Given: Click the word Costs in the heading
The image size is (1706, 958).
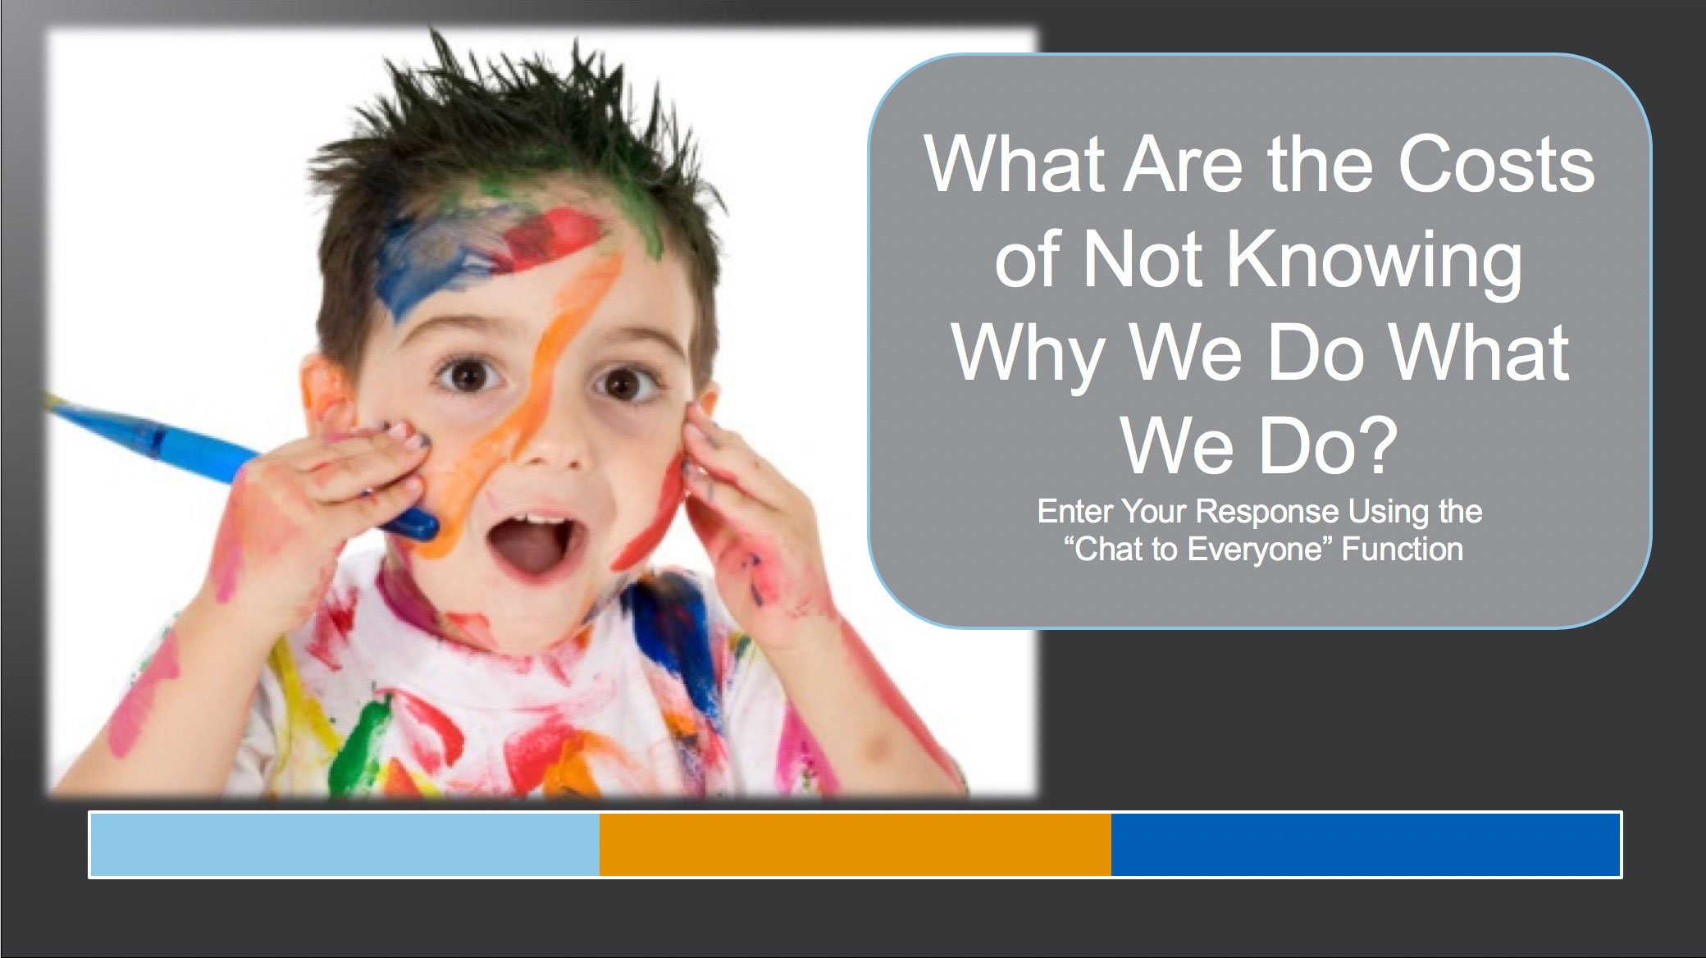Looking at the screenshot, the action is (1496, 164).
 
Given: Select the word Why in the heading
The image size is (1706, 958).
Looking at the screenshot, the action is (1029, 355).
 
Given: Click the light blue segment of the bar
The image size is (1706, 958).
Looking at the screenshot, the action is (344, 845).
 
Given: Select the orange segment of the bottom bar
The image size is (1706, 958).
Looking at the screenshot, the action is (855, 845).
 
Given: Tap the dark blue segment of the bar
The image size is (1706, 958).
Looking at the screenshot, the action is (1366, 845).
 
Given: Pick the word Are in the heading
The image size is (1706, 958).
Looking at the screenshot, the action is (1184, 164).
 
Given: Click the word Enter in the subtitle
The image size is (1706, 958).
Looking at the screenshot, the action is (1075, 512).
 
